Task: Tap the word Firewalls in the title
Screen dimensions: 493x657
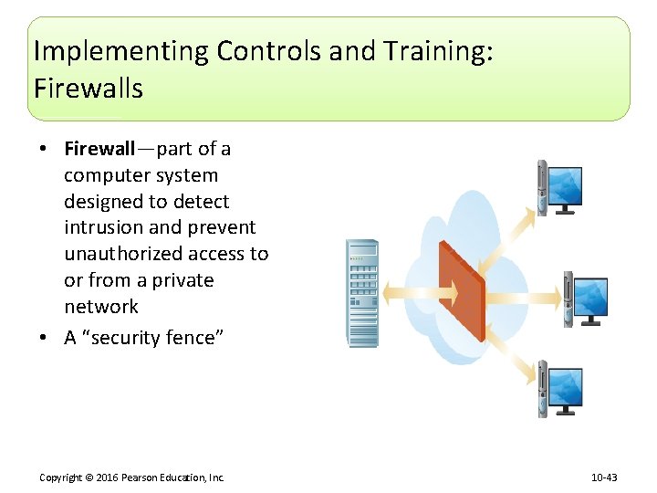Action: [89, 89]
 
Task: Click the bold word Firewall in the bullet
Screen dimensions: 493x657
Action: [99, 149]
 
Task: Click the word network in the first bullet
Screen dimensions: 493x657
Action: [101, 307]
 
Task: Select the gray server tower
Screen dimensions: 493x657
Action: [362, 292]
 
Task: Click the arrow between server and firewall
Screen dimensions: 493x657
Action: [409, 292]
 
